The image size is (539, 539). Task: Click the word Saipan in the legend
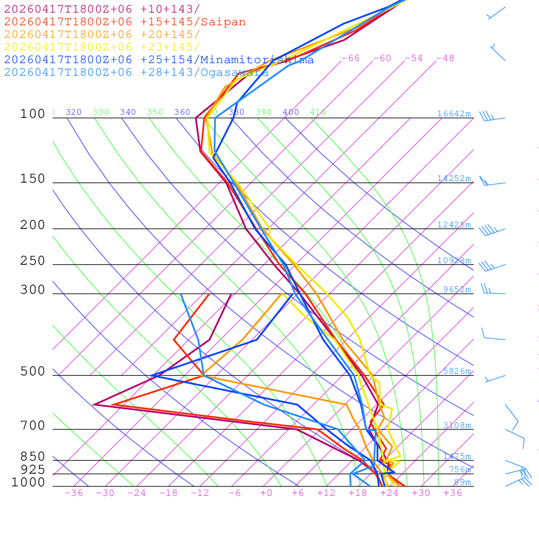point(223,22)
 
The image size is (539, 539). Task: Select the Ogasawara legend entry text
point(234,73)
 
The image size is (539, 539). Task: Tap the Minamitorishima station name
point(257,60)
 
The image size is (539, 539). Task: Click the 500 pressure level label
point(33,372)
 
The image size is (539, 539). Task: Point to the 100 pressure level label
point(33,114)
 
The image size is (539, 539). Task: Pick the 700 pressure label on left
point(33,426)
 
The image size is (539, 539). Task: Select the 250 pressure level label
point(33,261)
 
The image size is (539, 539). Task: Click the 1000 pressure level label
point(28,483)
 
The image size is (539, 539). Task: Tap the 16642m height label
point(454,114)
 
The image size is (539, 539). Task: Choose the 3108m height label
point(457,425)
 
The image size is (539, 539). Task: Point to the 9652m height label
point(457,290)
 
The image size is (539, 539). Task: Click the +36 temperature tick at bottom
point(453,493)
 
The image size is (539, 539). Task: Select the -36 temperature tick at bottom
point(74,493)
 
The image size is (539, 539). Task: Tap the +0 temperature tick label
point(266,493)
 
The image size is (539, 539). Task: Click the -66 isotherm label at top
point(351,58)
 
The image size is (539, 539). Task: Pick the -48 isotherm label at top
point(445,58)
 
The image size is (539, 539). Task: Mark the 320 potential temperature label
point(74,112)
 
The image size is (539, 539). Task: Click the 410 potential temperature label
point(318,112)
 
